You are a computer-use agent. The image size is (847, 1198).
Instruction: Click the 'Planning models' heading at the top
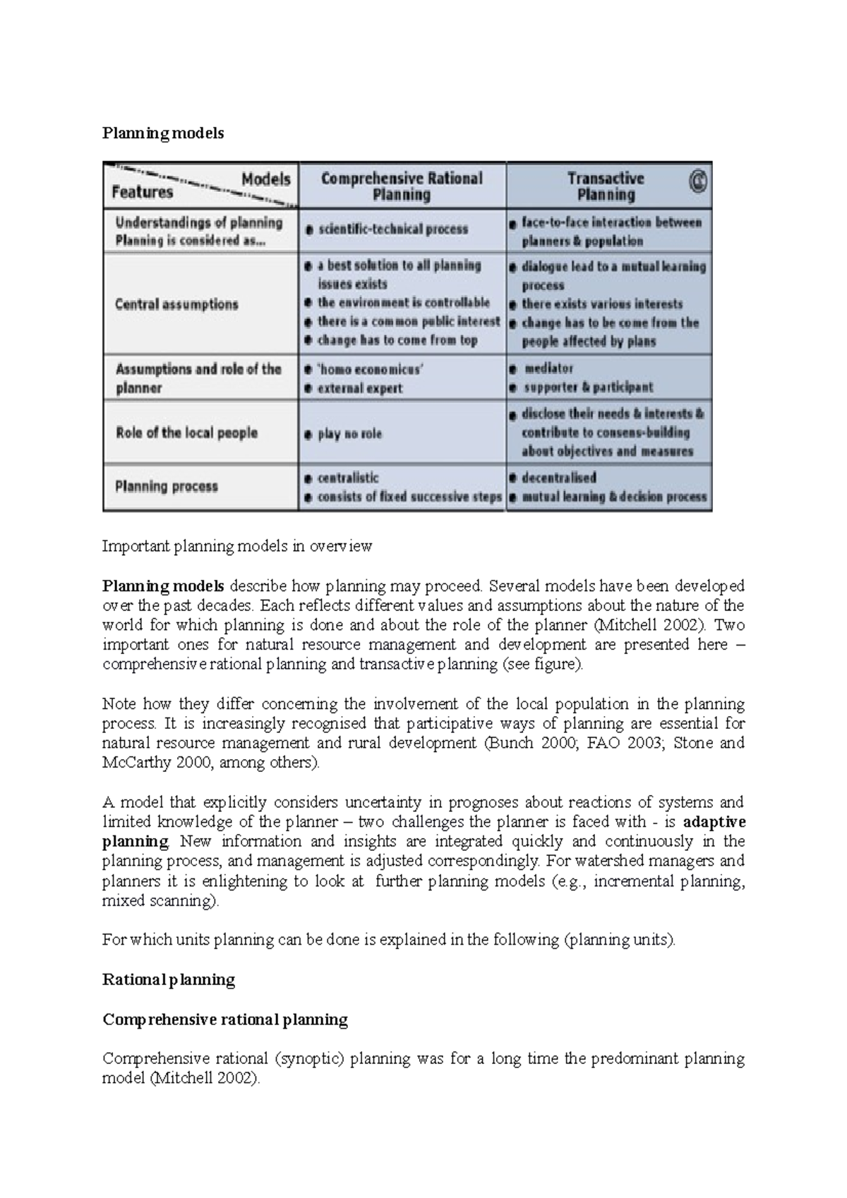163,133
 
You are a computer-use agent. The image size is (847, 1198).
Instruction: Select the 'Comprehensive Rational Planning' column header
402,186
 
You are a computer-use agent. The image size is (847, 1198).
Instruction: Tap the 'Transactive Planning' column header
606,186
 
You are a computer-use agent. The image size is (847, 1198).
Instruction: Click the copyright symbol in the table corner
698,182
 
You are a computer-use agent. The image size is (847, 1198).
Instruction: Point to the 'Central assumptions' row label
176,304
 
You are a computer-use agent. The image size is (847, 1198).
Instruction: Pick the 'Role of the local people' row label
186,432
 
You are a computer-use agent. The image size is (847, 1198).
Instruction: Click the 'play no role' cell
349,434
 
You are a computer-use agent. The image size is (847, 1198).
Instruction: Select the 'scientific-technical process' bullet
392,229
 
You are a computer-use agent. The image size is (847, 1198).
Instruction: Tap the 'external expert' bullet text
360,388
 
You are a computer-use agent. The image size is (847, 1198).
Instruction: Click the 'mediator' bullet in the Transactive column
548,368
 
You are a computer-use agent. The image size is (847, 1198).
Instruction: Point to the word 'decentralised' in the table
559,478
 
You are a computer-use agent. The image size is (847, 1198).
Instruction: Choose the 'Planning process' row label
167,486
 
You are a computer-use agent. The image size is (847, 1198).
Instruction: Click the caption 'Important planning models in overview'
237,546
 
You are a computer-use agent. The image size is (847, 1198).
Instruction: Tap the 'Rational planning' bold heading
169,979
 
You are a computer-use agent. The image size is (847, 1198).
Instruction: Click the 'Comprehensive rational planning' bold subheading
225,1019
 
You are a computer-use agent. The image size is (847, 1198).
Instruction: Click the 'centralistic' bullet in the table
348,478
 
